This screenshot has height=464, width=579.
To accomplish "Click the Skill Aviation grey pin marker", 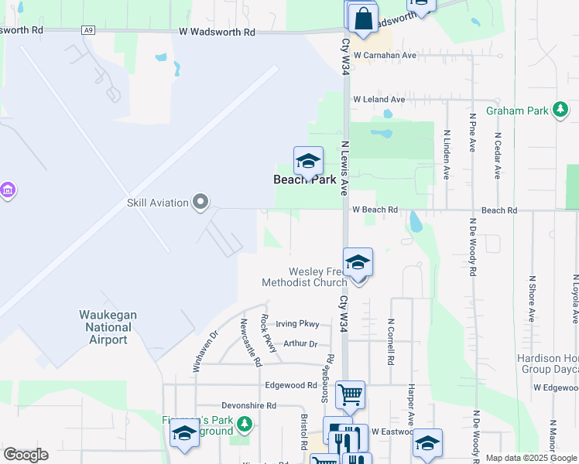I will (x=201, y=203).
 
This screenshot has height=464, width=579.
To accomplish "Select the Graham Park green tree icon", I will (x=560, y=111).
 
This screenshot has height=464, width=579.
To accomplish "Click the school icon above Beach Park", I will (x=308, y=161).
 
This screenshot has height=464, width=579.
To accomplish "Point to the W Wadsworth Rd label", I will (x=216, y=32).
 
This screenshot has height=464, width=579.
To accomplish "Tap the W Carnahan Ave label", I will (x=385, y=56).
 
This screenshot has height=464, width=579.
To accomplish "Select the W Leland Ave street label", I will (x=379, y=100).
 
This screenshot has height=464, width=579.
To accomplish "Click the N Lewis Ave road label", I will (x=345, y=167).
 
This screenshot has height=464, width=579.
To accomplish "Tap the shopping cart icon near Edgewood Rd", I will (x=350, y=394).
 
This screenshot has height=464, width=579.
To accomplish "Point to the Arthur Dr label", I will (x=300, y=344).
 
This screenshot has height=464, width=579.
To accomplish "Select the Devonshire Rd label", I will (x=248, y=405).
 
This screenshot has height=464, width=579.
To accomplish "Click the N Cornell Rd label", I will (x=392, y=342).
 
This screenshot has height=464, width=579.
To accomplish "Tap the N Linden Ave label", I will (x=447, y=154).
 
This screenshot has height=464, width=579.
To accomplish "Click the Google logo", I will (x=26, y=455).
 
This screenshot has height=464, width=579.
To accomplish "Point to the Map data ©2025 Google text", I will (x=530, y=459).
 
